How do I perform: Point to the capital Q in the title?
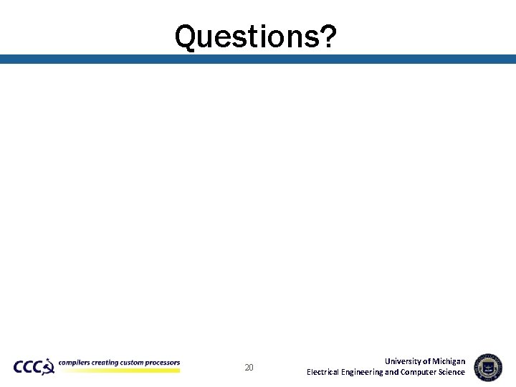click(x=186, y=36)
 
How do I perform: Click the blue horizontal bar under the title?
click(x=258, y=59)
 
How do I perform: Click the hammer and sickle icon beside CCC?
click(x=48, y=368)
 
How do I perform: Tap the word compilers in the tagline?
click(x=75, y=363)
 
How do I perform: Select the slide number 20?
click(x=249, y=368)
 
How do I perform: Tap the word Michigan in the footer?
click(x=449, y=361)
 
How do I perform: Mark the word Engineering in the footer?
click(x=363, y=372)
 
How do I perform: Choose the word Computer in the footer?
click(x=419, y=372)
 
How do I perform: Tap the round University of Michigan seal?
click(x=488, y=367)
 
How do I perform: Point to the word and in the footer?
click(x=392, y=372)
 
